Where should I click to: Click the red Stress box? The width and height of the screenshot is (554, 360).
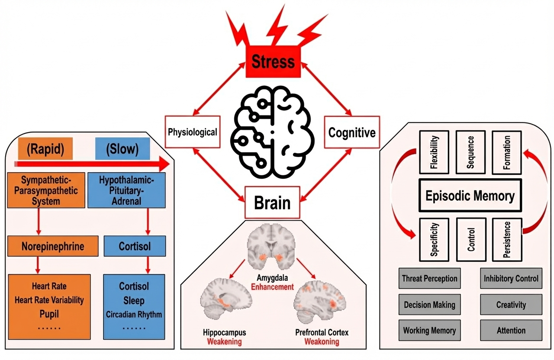(x=273, y=61)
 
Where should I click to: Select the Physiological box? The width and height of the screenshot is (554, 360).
(x=192, y=132)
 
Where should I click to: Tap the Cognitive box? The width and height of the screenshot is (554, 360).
(x=351, y=132)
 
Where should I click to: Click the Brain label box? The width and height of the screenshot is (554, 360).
(x=272, y=202)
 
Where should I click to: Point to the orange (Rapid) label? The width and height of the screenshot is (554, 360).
(x=45, y=149)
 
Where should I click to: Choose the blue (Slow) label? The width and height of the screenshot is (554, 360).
(x=122, y=149)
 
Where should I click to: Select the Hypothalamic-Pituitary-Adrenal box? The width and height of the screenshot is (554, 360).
(x=126, y=190)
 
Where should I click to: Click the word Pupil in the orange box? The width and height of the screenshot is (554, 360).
(x=49, y=314)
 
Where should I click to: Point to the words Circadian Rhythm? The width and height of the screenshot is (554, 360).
(x=134, y=314)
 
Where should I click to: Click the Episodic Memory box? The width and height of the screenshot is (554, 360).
(x=470, y=196)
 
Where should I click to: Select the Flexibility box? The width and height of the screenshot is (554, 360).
(x=435, y=152)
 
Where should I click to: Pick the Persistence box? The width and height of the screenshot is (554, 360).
(x=507, y=239)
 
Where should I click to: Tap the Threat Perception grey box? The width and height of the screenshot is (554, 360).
(x=429, y=279)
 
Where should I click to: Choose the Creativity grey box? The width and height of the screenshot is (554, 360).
(x=511, y=305)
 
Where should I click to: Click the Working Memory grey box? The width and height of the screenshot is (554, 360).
(x=429, y=331)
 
